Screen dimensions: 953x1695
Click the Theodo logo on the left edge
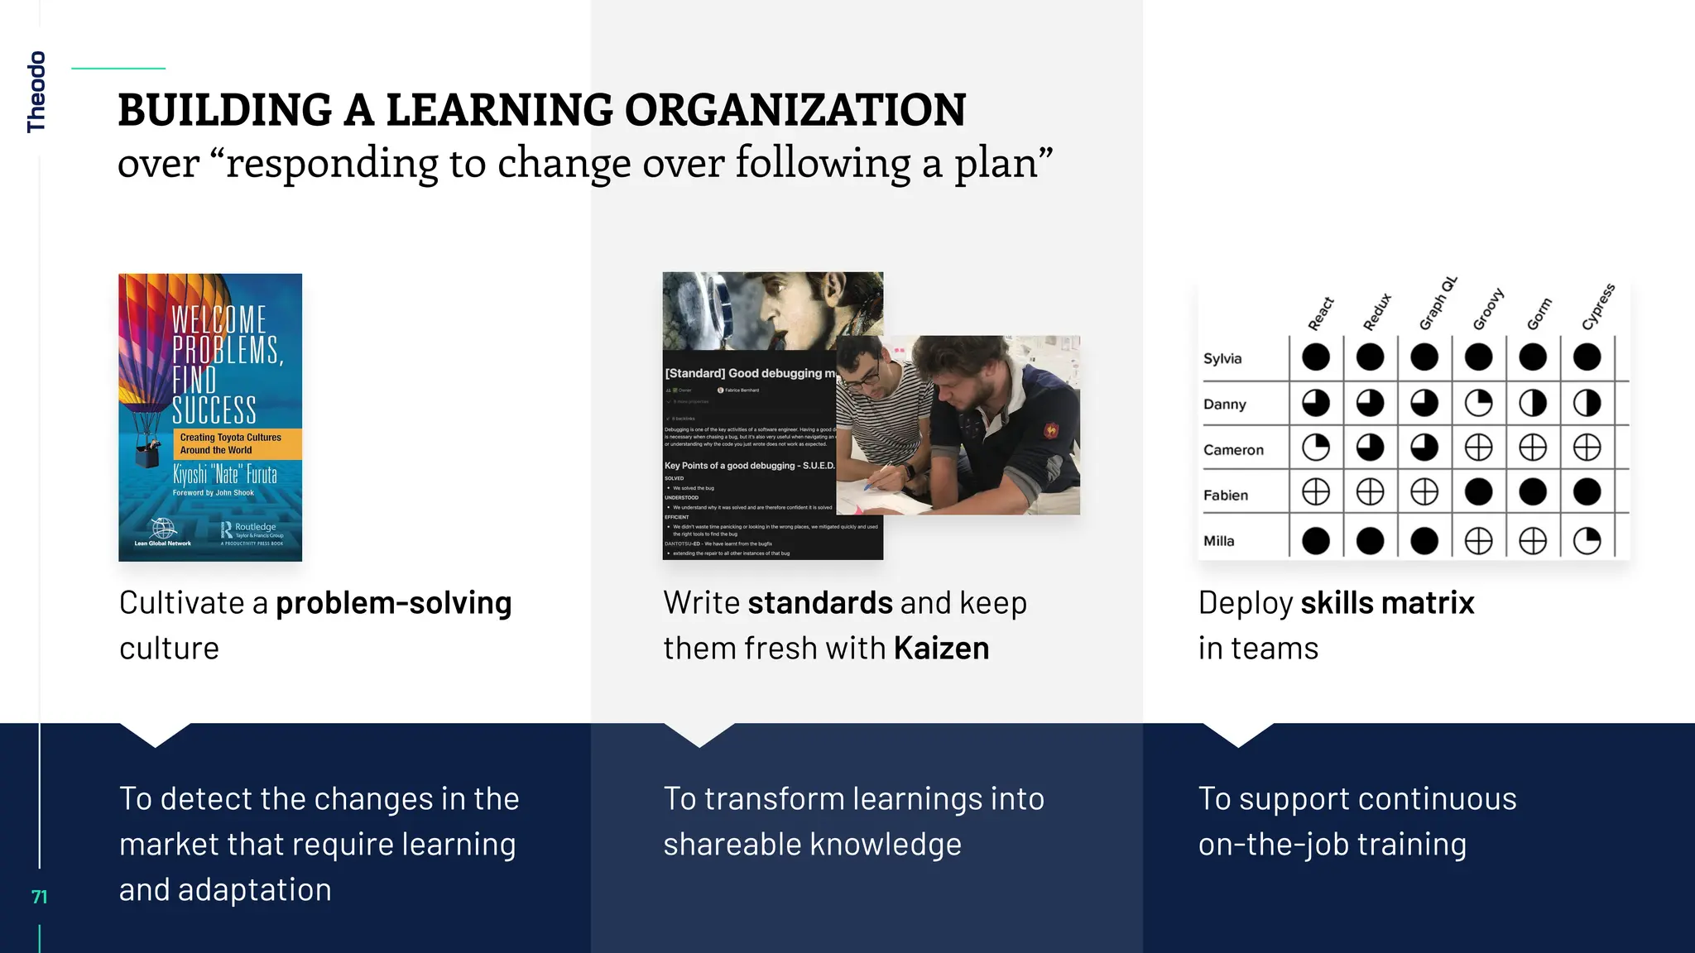point(36,92)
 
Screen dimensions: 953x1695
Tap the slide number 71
point(39,897)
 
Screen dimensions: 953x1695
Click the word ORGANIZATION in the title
point(795,110)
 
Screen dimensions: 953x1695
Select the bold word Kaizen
point(941,649)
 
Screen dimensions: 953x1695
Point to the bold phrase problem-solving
point(393,603)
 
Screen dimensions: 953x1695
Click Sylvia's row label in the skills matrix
point(1222,358)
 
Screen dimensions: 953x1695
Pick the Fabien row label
point(1225,495)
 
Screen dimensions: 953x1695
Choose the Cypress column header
point(1597,307)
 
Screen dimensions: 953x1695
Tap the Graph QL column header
point(1438,303)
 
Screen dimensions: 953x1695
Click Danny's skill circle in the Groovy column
point(1478,404)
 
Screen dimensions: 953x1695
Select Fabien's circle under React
point(1316,492)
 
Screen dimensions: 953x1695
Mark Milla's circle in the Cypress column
point(1587,541)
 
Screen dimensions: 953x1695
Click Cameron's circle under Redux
point(1370,448)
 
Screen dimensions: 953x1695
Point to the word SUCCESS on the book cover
point(214,409)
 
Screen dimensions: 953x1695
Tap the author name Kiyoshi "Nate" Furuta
point(224,474)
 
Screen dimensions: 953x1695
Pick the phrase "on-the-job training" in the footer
point(1332,845)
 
